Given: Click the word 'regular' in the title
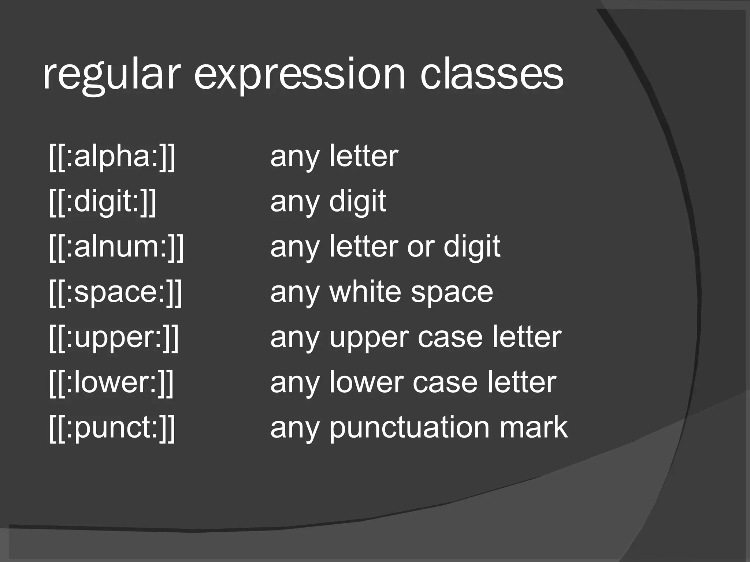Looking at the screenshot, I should click(112, 75).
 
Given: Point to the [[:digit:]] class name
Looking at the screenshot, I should click(103, 202).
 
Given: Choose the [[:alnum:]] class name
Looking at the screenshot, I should click(116, 247).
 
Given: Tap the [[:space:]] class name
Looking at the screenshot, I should click(115, 292).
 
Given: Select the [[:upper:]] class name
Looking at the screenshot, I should click(114, 337).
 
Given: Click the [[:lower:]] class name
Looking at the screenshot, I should click(111, 382).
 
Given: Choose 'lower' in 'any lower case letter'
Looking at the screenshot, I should click(366, 382).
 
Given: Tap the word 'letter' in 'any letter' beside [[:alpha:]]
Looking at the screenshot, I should click(363, 156).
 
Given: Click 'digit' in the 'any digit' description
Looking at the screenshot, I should click(357, 202).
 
